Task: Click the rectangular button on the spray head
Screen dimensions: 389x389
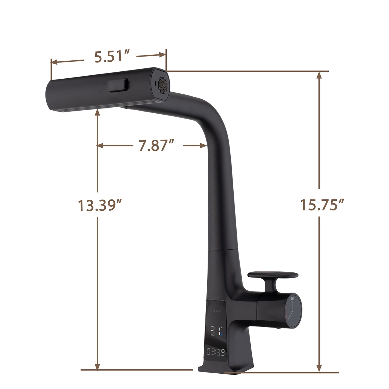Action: (118, 85)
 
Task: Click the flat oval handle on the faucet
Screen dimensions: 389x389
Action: (273, 275)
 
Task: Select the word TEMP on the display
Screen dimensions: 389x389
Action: (216, 311)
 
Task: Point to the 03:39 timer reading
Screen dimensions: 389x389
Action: (216, 352)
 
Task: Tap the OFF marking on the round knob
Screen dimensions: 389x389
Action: (292, 298)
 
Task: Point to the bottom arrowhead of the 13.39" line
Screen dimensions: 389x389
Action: (97, 366)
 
